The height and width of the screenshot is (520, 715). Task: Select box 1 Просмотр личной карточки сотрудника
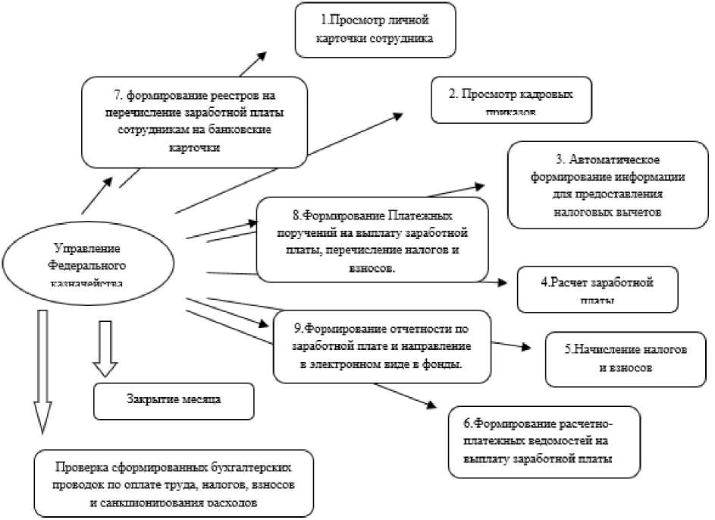click(375, 30)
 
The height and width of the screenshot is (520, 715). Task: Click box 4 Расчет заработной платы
click(597, 288)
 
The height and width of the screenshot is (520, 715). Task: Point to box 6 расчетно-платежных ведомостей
click(544, 442)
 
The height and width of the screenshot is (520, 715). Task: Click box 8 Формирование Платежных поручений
click(371, 238)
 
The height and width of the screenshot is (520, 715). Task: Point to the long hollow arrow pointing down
click(43, 372)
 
